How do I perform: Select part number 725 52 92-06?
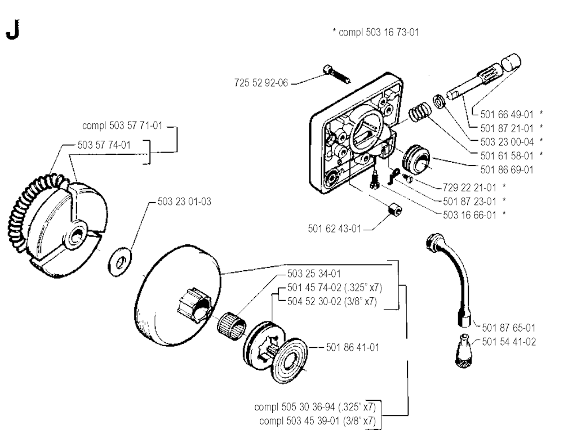pos(261,83)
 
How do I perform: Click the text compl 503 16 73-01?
pos(376,33)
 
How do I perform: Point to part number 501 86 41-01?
pos(353,347)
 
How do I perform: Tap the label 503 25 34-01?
pos(314,274)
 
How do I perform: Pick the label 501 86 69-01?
pos(505,169)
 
